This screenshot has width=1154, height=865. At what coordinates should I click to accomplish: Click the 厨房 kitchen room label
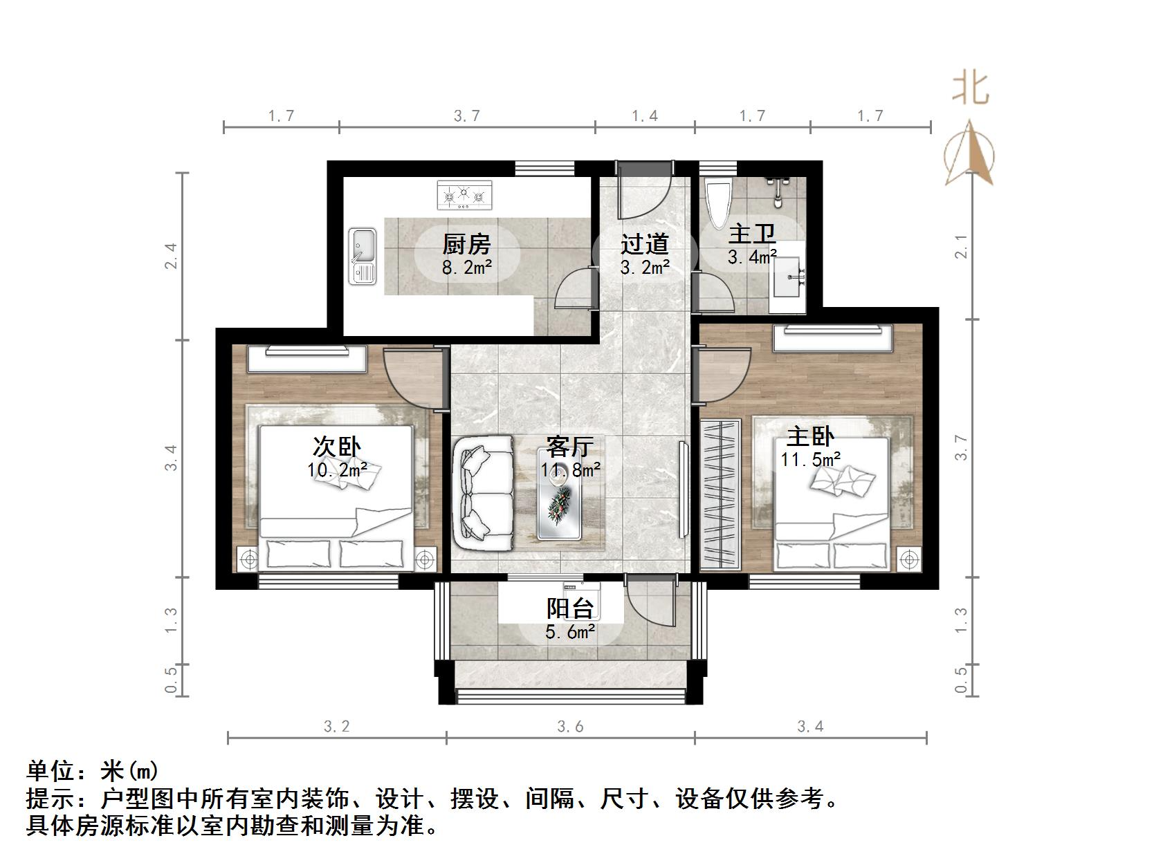[466, 244]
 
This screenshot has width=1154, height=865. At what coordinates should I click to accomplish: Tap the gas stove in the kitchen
[464, 195]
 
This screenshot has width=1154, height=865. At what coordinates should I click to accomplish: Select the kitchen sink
[362, 256]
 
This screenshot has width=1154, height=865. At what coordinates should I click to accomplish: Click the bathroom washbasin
[787, 277]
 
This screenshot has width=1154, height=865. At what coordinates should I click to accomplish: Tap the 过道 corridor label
[644, 244]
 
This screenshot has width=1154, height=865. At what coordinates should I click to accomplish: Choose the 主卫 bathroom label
[752, 234]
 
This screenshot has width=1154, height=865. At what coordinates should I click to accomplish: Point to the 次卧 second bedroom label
[337, 447]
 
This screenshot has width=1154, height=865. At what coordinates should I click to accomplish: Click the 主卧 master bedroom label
[810, 437]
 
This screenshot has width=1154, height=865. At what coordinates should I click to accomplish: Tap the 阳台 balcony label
[570, 608]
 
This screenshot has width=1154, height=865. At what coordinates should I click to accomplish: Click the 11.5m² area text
[811, 459]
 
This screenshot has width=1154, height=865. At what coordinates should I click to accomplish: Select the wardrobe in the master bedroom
[720, 494]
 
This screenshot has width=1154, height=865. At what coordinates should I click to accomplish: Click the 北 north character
[971, 89]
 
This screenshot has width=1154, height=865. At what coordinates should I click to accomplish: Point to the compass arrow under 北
[970, 154]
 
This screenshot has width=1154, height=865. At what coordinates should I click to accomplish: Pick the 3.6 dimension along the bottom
[570, 726]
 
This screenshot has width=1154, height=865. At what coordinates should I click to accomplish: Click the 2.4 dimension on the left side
[171, 256]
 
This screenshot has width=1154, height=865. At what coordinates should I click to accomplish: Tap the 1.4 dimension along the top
[644, 115]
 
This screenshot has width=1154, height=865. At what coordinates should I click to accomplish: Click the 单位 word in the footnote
[51, 770]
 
